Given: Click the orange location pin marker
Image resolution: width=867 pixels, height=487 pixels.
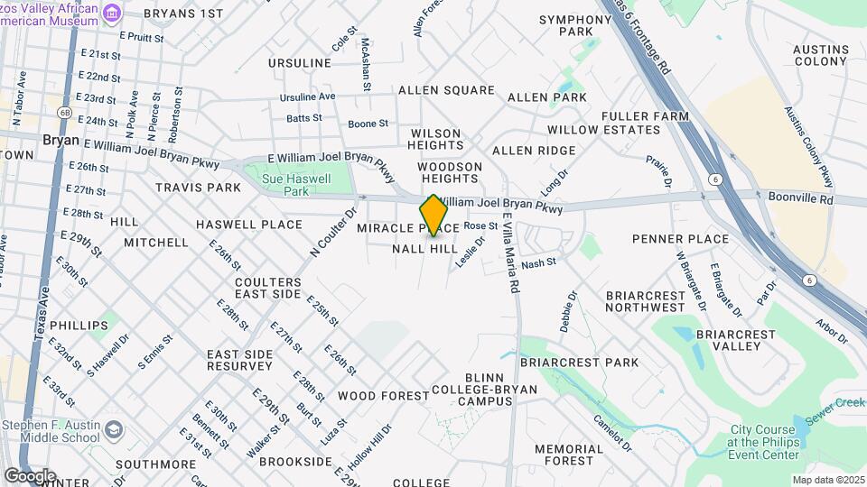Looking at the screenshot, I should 434,216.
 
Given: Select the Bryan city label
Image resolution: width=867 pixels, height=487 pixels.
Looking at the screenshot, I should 61,141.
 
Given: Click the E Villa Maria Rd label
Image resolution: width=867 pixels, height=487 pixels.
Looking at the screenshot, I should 510,253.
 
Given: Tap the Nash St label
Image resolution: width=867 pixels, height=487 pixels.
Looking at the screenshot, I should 537,262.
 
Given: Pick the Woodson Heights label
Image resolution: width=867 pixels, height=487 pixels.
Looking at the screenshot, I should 449,172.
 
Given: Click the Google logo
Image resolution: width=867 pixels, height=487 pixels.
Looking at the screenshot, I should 30,475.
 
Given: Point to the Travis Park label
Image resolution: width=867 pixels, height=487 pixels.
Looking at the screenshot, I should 198,188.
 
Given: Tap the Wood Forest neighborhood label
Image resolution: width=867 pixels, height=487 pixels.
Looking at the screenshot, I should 383,396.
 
